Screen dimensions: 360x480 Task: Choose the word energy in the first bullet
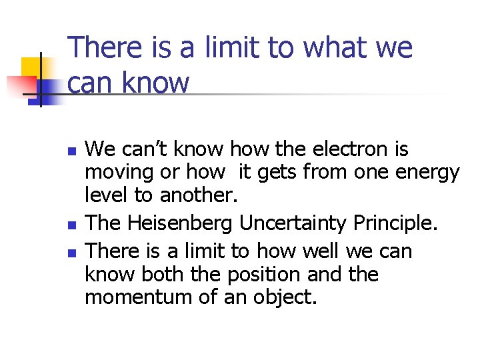click(428, 173)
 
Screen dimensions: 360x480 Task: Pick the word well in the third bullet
click(319, 251)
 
